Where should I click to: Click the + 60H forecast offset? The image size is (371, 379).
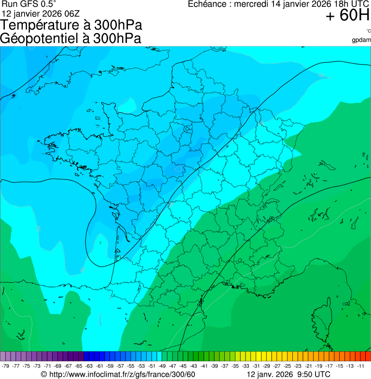tap(347, 16)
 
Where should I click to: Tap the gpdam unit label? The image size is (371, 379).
tap(361, 40)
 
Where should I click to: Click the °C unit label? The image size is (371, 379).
tap(368, 31)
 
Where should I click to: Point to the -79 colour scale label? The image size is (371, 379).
tap(6, 366)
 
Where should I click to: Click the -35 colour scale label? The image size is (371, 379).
tap(235, 366)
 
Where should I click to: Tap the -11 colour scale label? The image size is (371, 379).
tap(360, 366)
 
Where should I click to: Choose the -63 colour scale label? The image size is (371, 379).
tap(89, 366)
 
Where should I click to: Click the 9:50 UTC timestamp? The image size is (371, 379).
tap(313, 375)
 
